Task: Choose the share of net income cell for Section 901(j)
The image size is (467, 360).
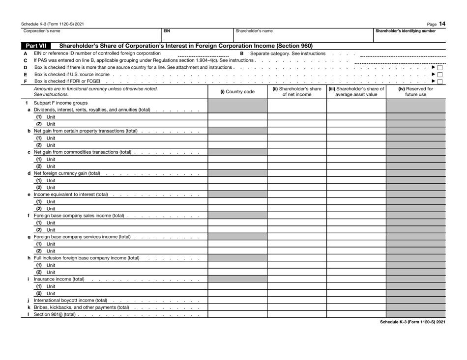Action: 296,314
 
